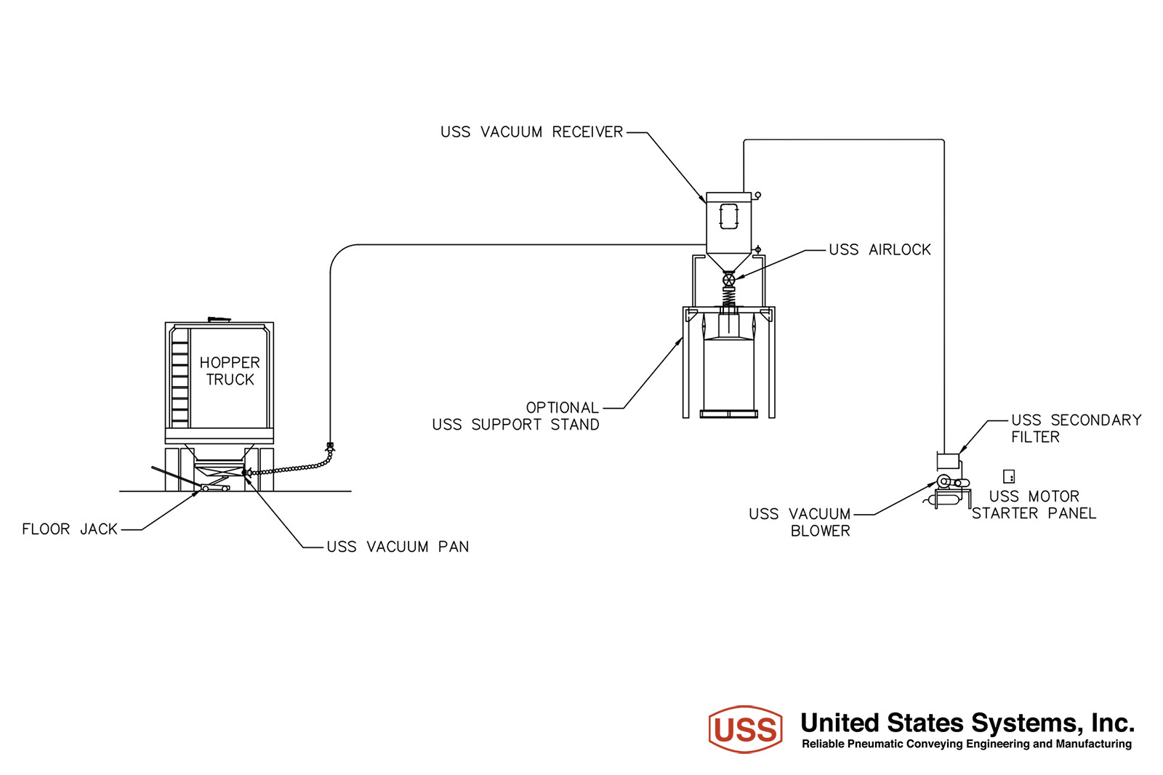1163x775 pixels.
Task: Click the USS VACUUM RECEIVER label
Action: pos(531,132)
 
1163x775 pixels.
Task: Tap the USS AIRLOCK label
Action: pos(880,250)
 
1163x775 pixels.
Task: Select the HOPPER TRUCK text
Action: pos(230,371)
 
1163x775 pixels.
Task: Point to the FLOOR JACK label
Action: pos(70,529)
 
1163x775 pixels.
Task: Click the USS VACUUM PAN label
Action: pos(398,547)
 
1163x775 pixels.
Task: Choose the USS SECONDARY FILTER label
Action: pos(1077,428)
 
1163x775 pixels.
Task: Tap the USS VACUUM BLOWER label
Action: pos(800,522)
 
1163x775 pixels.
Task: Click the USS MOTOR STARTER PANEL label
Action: pos(1034,505)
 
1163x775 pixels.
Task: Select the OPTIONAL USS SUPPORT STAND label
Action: pos(515,416)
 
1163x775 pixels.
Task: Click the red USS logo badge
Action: pos(746,729)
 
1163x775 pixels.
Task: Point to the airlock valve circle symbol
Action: pos(729,279)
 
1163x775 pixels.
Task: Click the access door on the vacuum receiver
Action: pos(729,216)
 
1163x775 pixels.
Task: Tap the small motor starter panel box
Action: pos(1009,476)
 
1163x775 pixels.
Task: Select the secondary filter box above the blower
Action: pos(948,461)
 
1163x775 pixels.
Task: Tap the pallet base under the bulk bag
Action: pos(729,414)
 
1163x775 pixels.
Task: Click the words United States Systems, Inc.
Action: pos(967,723)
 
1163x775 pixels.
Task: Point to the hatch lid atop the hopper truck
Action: pos(219,319)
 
